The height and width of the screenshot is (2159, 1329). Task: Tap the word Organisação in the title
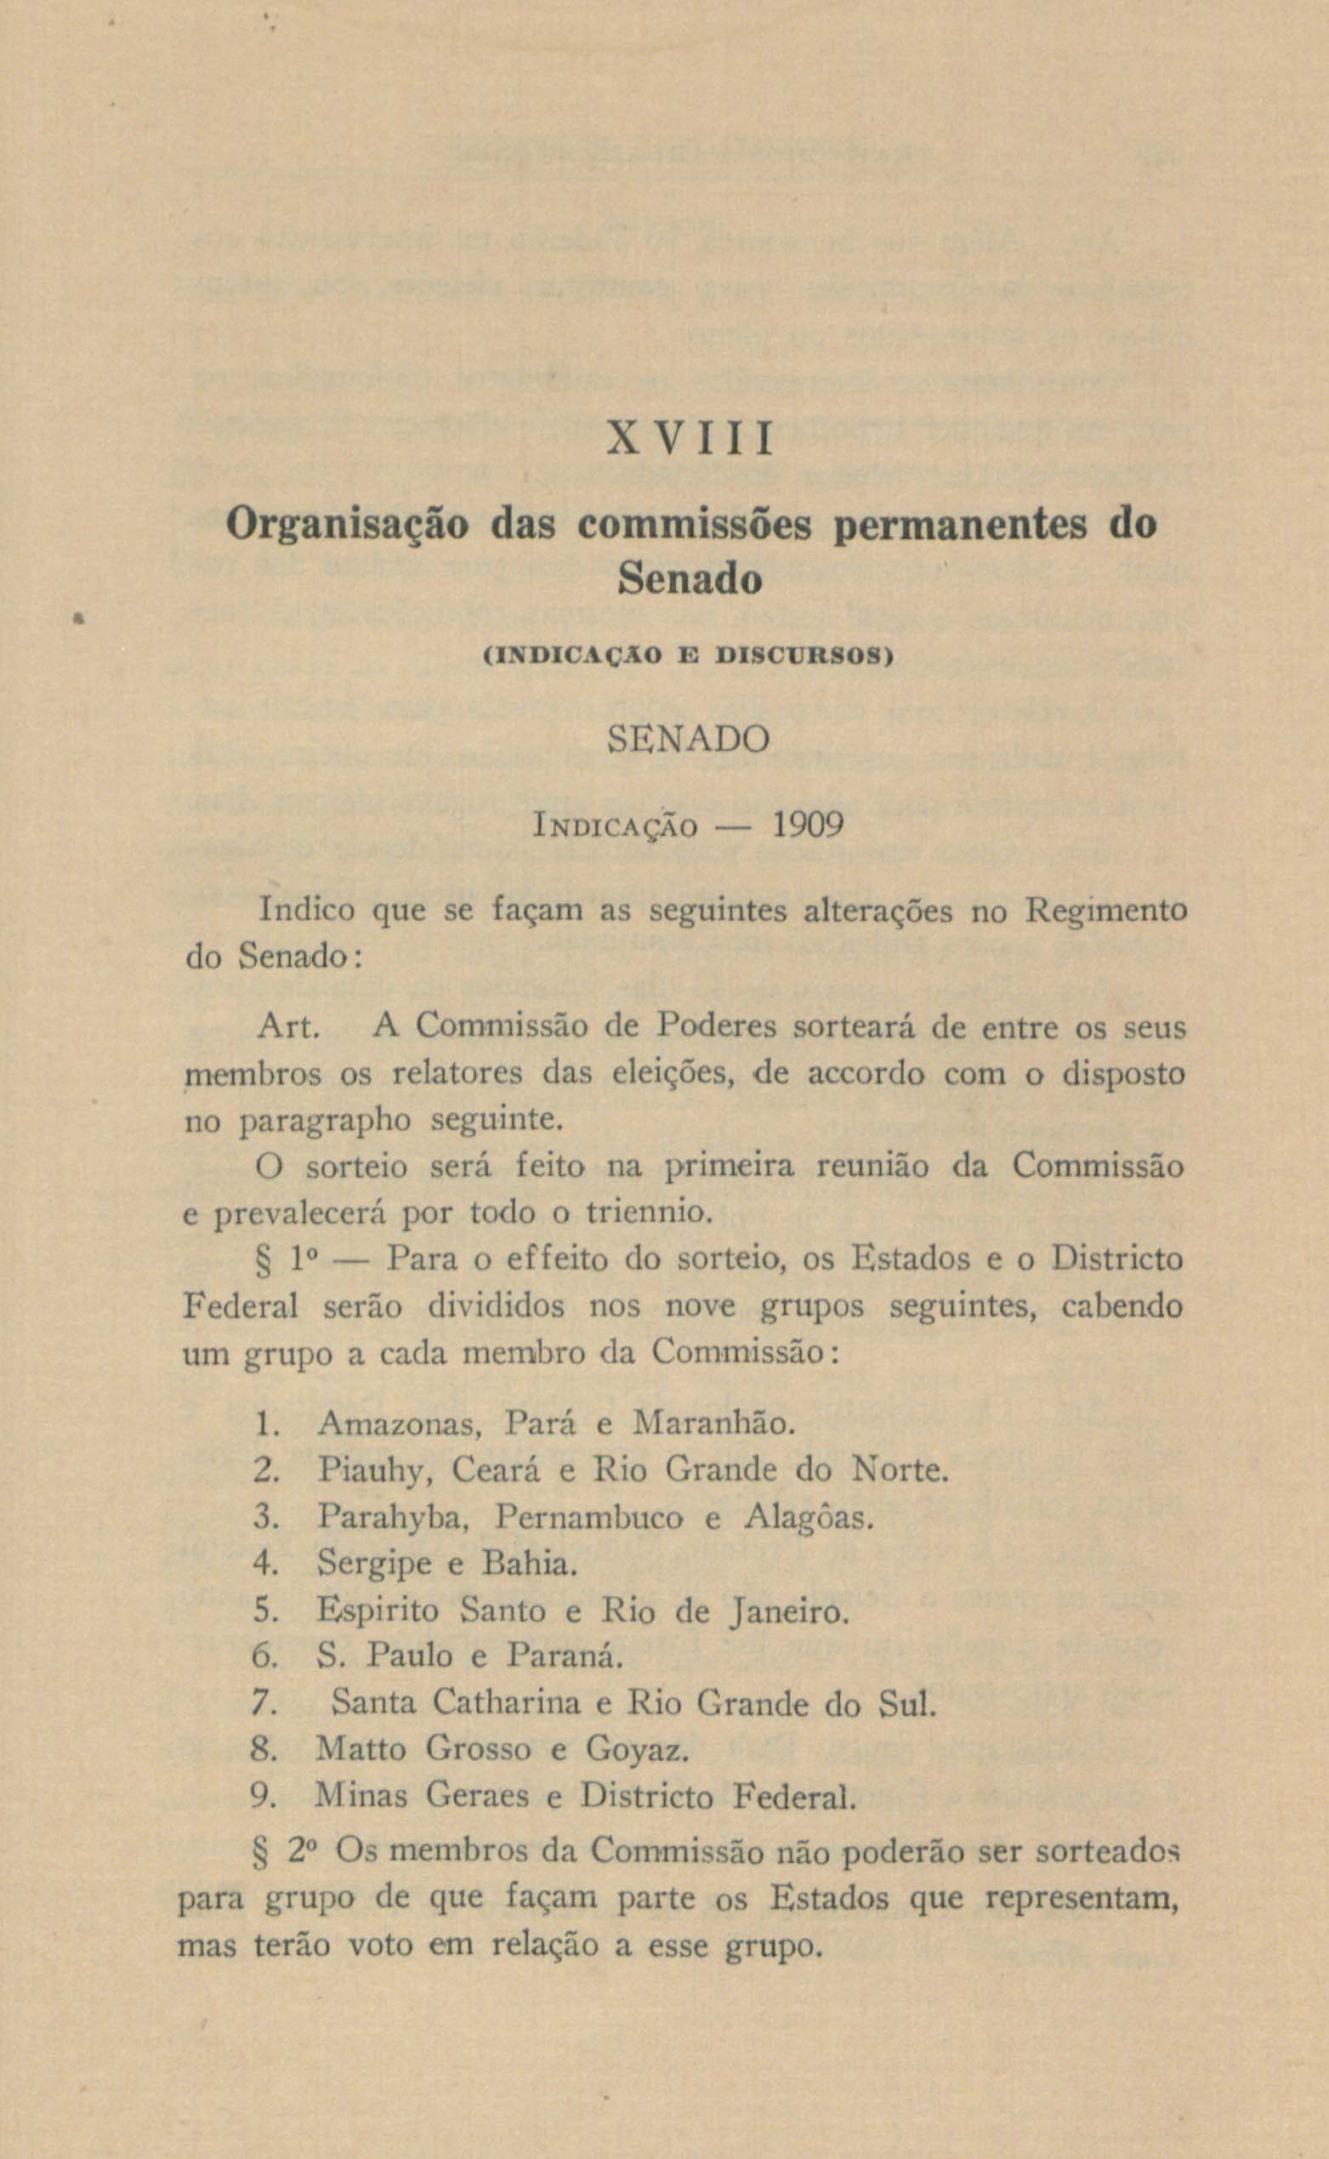pyautogui.click(x=349, y=526)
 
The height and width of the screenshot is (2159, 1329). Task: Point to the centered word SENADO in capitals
pyautogui.click(x=689, y=739)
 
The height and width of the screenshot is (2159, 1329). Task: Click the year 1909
pyautogui.click(x=808, y=826)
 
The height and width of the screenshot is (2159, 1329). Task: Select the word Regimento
pyautogui.click(x=1106, y=912)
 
